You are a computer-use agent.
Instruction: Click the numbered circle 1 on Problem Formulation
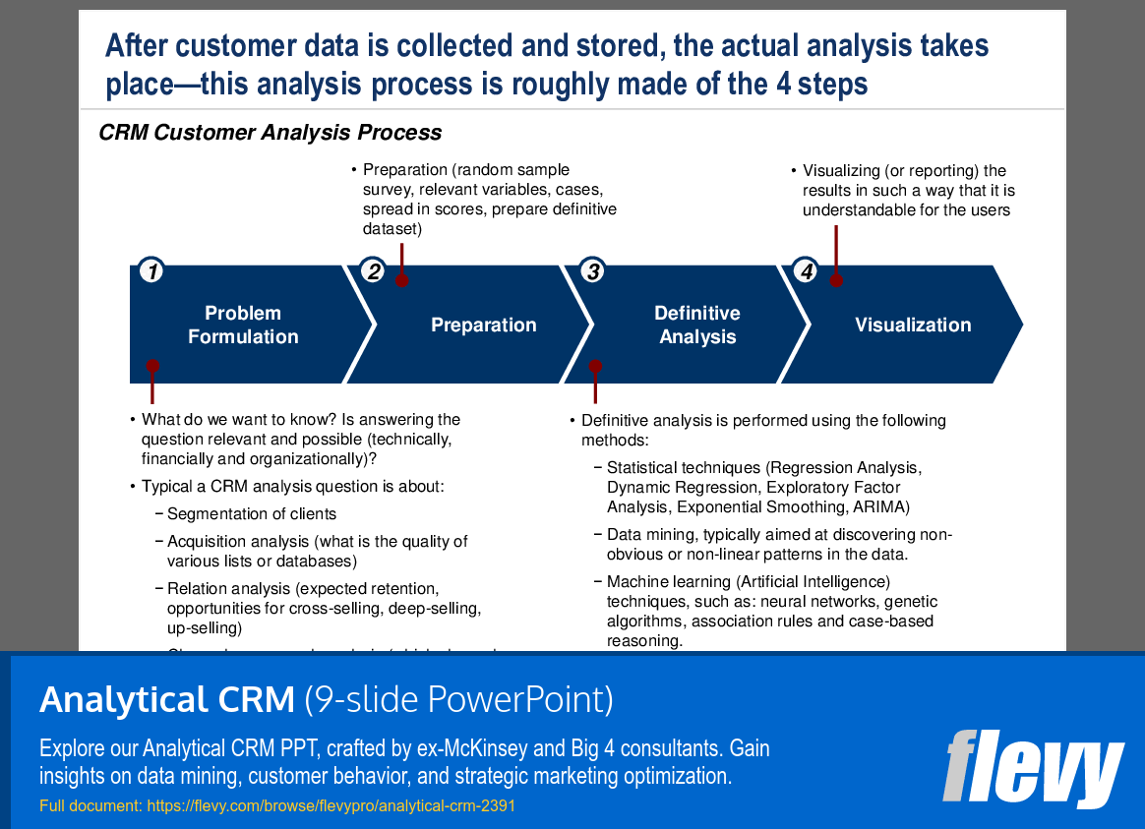(x=151, y=271)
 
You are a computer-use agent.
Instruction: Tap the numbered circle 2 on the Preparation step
(x=372, y=271)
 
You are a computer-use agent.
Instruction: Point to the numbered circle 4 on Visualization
(x=806, y=271)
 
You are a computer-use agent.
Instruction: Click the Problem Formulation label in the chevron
(x=243, y=325)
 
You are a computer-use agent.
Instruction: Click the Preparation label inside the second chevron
(x=483, y=325)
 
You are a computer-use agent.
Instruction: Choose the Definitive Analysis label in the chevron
(x=696, y=325)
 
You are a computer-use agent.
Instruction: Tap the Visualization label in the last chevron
(x=912, y=325)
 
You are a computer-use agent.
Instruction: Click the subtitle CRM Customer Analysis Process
(x=270, y=133)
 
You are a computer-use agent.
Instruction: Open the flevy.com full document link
(x=330, y=806)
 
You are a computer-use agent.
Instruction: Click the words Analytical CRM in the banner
(x=166, y=700)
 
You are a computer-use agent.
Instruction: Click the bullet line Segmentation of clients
(x=251, y=513)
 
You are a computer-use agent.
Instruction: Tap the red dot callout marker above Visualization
(x=836, y=279)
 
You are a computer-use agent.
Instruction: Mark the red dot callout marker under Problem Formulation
(x=151, y=366)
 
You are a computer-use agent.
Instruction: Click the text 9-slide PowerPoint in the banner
(x=458, y=700)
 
